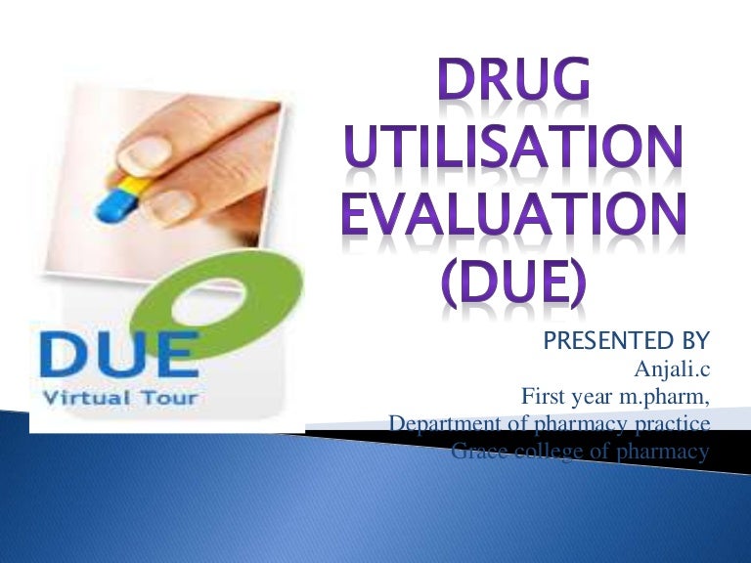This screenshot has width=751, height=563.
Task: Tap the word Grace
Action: [x=479, y=452]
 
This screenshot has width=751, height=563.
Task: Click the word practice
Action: [x=676, y=424]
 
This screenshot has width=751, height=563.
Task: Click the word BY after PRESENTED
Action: [x=691, y=341]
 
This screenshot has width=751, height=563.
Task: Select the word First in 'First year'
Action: [x=542, y=397]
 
